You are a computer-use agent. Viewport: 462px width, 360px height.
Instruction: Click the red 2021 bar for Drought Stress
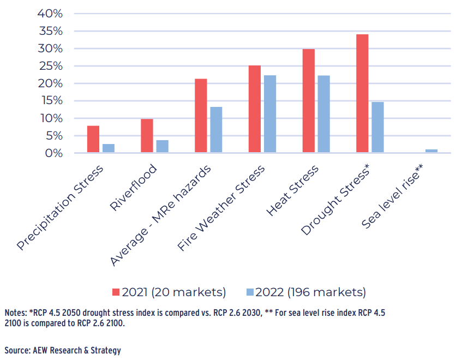362,94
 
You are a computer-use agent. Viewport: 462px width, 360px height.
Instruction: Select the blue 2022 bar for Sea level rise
431,151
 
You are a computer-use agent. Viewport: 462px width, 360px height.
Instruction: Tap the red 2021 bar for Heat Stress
308,101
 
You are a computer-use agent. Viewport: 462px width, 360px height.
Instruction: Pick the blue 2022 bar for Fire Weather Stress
270,114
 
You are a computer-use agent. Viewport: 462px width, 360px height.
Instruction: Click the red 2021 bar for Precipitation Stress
93,140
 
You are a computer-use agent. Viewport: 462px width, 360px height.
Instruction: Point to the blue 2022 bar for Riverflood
163,147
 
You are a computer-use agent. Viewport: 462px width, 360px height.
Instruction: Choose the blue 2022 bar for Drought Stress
377,127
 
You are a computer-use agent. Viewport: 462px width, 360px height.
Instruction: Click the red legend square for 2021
116,292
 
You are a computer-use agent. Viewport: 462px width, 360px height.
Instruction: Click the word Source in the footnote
17,350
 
